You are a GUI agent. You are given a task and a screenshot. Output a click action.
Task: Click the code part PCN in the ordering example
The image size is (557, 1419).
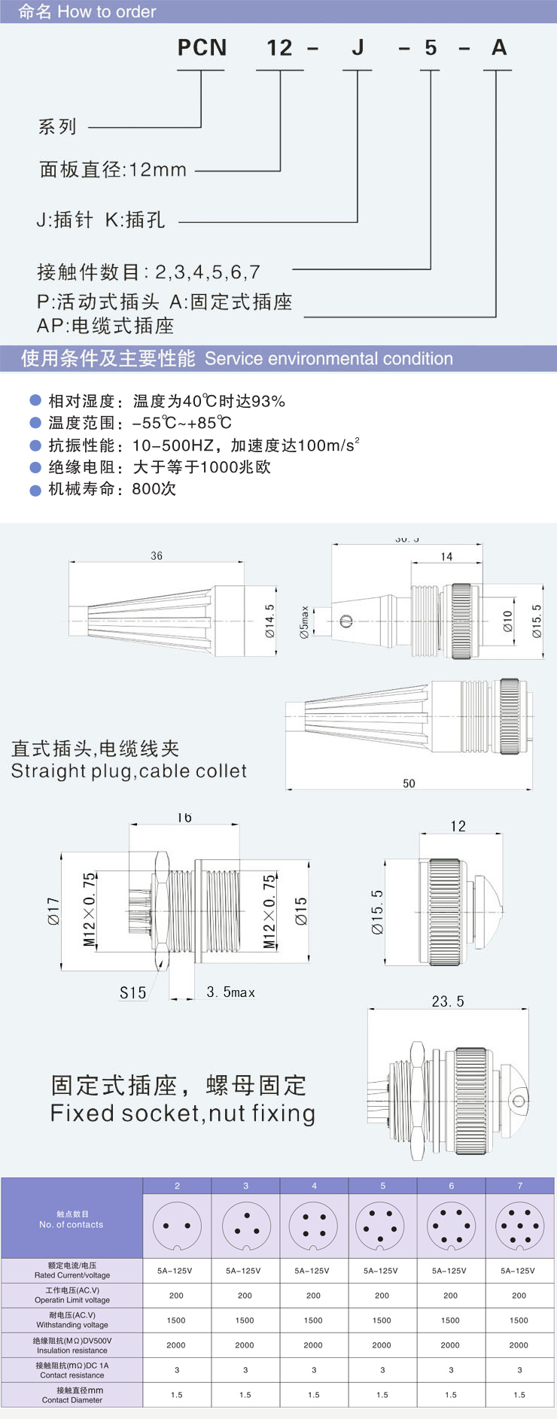click(x=202, y=48)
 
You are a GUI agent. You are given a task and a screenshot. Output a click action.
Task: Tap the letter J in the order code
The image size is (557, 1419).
click(x=358, y=48)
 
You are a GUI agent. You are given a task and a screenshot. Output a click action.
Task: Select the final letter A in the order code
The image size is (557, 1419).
click(x=499, y=48)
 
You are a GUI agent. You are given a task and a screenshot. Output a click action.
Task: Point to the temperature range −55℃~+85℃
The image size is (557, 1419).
click(x=182, y=423)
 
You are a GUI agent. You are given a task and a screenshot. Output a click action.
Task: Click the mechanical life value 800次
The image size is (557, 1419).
click(x=154, y=489)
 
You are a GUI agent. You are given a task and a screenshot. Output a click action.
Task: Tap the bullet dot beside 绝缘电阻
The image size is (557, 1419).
click(x=35, y=467)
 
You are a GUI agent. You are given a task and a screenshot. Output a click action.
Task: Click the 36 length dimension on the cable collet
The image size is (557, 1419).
click(x=157, y=556)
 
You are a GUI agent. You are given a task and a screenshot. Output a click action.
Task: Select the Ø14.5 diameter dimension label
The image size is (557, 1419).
click(x=269, y=622)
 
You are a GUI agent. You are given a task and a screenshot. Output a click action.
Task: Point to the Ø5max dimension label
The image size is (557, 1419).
click(x=304, y=623)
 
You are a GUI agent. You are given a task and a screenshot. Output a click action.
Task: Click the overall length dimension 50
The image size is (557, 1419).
click(x=409, y=783)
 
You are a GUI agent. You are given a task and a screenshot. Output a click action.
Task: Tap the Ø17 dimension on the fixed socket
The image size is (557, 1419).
click(x=53, y=911)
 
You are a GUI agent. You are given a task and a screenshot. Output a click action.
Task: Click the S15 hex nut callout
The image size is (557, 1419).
click(x=133, y=993)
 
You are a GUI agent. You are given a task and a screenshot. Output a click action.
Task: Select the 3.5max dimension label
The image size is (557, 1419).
click(x=231, y=992)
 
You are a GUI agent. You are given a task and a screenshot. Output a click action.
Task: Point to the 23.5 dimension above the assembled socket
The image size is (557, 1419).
click(x=448, y=1001)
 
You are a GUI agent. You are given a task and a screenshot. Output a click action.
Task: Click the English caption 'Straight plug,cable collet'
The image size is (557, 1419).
click(x=129, y=771)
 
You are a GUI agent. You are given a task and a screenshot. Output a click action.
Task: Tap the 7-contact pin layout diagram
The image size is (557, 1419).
click(x=519, y=1226)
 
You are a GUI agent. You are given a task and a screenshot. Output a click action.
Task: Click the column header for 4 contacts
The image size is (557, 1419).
click(x=314, y=1186)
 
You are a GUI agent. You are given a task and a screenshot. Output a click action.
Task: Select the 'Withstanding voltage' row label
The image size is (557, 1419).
click(x=72, y=1320)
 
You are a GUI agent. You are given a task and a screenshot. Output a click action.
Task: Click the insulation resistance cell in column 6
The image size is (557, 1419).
click(x=450, y=1345)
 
